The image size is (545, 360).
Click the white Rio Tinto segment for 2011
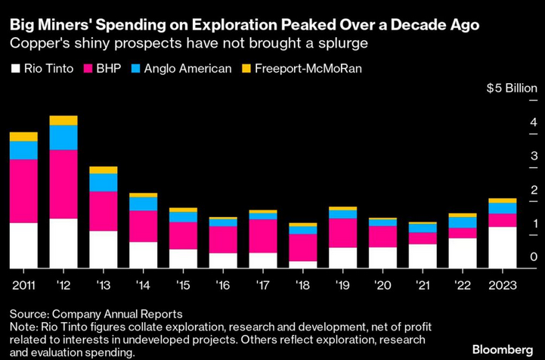[23, 245]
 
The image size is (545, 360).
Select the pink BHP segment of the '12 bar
[63, 184]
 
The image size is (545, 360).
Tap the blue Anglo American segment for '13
[103, 182]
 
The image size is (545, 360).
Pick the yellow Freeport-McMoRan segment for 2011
[23, 137]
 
